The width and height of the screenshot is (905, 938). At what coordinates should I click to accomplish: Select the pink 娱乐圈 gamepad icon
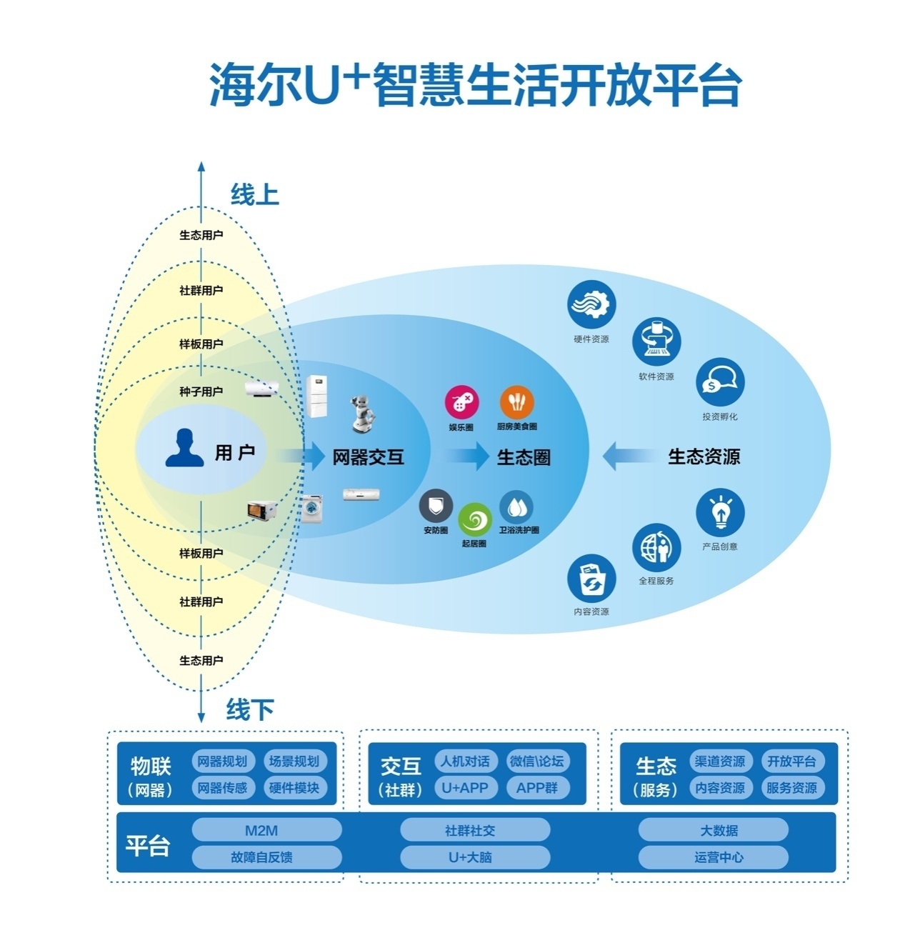tap(461, 402)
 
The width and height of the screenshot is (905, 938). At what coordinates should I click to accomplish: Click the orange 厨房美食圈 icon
tap(516, 402)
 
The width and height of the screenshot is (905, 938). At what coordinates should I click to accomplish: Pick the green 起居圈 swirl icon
tap(474, 520)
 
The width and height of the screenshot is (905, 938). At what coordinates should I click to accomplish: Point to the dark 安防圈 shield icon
tap(436, 507)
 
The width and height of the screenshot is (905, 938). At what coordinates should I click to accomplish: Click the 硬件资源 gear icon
tap(591, 305)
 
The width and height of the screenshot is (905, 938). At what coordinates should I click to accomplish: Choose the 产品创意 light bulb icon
tap(720, 512)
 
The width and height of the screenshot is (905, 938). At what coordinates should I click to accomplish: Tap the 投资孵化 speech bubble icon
tap(720, 382)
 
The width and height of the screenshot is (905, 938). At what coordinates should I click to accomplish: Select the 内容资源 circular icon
tap(591, 579)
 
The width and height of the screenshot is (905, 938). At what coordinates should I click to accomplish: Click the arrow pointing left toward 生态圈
tap(629, 456)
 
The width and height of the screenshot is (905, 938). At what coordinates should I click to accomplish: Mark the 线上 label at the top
tap(254, 194)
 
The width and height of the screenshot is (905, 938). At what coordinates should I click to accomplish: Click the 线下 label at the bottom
tap(250, 709)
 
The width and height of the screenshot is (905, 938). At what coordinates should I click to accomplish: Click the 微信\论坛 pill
tap(536, 762)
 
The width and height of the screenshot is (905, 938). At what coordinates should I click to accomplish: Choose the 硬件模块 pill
tap(294, 788)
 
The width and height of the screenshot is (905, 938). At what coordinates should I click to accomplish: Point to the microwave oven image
tap(261, 510)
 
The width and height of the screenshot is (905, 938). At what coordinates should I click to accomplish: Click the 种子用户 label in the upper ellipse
tap(201, 391)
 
